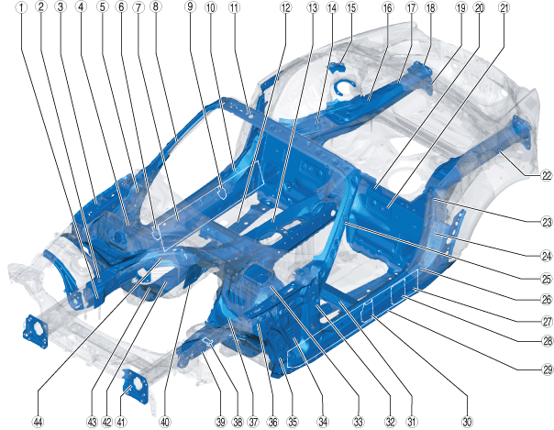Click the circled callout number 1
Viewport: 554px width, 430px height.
[x=22, y=7]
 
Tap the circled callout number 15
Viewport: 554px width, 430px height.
[x=351, y=7]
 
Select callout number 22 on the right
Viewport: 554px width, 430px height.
[x=547, y=175]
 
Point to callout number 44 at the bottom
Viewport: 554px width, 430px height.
[x=38, y=422]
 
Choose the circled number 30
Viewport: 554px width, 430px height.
[x=467, y=422]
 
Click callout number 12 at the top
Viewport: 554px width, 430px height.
[x=285, y=7]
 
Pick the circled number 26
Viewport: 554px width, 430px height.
[x=547, y=300]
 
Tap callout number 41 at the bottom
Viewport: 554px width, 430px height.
[x=121, y=422]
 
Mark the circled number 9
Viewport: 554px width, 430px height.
[x=191, y=7]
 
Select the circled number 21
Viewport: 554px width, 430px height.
[x=504, y=7]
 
